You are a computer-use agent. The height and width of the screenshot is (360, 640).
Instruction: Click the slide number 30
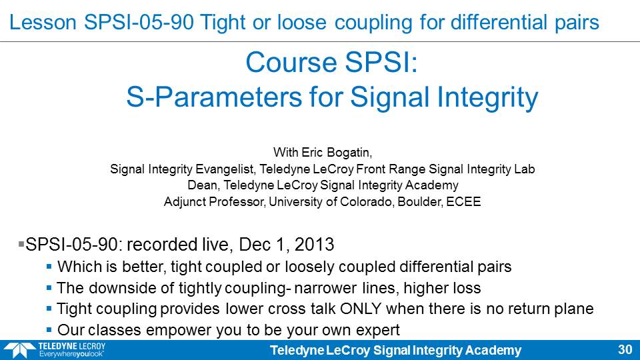[x=625, y=349]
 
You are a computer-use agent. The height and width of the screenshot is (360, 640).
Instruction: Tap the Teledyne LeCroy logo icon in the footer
[x=19, y=351]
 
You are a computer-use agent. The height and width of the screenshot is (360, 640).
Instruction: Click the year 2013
[x=314, y=245]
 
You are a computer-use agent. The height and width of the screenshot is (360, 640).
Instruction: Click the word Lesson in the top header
[x=43, y=22]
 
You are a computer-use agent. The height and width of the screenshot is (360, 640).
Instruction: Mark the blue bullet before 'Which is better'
[x=49, y=267]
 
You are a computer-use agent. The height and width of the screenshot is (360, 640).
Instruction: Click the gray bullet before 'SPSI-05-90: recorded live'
[x=21, y=244]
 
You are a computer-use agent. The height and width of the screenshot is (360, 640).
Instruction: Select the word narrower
[x=325, y=288]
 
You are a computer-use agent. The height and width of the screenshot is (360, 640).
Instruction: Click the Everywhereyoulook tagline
[x=71, y=354]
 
